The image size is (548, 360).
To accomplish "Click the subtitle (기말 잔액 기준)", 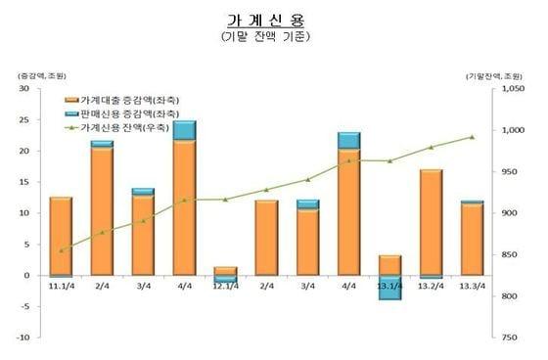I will pos(266,38).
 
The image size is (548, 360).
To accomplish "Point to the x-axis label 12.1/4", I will pos(225,286).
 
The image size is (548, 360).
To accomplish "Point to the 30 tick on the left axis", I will pos(23,88).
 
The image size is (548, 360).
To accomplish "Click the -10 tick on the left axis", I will pos(22,337).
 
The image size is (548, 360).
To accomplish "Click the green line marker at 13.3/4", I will pos(472,137).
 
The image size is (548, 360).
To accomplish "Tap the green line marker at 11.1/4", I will pos(61,250).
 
